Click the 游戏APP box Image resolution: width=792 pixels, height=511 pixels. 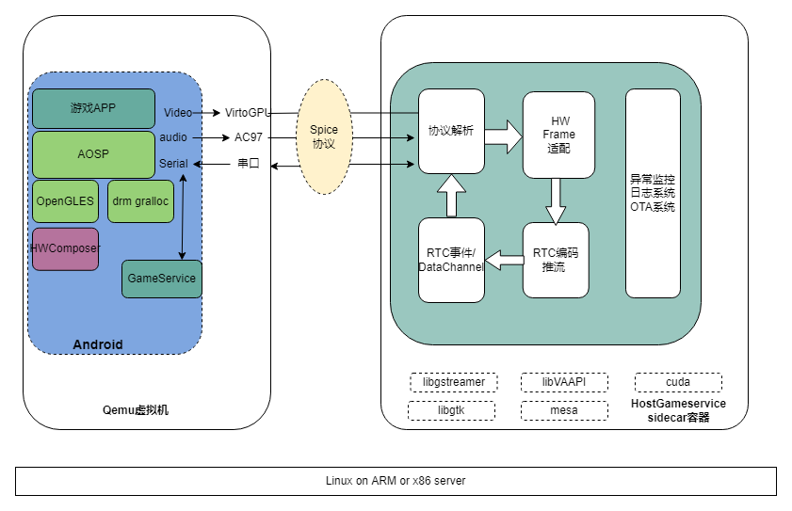tap(93, 108)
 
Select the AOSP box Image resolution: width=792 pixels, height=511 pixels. tap(93, 154)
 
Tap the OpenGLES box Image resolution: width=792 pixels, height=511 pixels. tap(65, 200)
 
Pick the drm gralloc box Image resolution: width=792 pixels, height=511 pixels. tap(140, 200)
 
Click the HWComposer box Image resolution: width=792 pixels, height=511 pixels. tap(65, 248)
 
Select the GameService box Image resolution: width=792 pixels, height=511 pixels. tap(162, 279)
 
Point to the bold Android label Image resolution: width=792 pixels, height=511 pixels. tap(98, 344)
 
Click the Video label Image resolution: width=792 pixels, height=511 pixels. tap(178, 113)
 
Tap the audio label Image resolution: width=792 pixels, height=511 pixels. tap(173, 137)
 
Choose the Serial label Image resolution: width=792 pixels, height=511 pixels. tap(173, 164)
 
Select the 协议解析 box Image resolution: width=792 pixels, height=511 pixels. tap(451, 132)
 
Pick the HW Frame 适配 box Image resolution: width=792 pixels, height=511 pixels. tap(559, 135)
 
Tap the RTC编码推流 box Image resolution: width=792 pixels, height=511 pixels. tap(556, 260)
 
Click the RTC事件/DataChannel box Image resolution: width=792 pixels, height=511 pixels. tap(451, 260)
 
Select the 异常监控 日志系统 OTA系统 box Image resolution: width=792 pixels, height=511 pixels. tap(653, 193)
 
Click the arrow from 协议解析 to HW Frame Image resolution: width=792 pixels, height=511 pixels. tap(504, 136)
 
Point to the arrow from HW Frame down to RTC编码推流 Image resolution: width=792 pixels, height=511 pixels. tap(557, 200)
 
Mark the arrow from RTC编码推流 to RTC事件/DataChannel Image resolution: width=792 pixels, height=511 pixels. tap(504, 260)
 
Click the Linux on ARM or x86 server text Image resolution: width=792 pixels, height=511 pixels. tap(396, 481)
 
